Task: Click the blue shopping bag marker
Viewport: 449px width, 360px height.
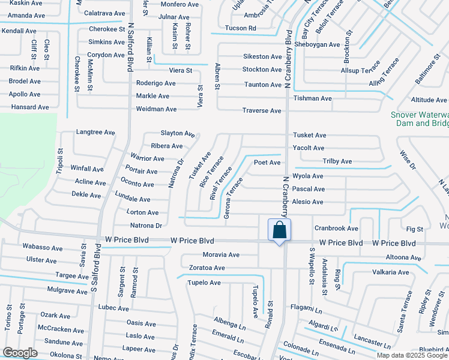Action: (279, 230)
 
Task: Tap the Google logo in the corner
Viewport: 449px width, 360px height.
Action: (20, 353)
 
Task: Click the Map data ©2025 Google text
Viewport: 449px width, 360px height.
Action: (412, 355)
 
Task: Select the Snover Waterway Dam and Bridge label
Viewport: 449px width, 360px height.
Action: (420, 119)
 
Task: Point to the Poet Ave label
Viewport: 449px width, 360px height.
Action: (267, 163)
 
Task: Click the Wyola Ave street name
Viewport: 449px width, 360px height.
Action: (307, 176)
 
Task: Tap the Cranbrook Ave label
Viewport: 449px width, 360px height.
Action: (336, 228)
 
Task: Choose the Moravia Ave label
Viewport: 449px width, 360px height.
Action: (221, 255)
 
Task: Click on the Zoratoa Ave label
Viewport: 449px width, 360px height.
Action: (206, 268)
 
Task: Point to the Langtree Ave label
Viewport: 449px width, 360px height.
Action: (95, 132)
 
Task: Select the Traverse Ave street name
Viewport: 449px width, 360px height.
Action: (262, 111)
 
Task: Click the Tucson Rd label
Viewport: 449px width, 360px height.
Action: (240, 28)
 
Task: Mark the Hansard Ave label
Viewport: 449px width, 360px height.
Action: (29, 107)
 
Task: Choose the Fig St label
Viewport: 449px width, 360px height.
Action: (415, 229)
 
